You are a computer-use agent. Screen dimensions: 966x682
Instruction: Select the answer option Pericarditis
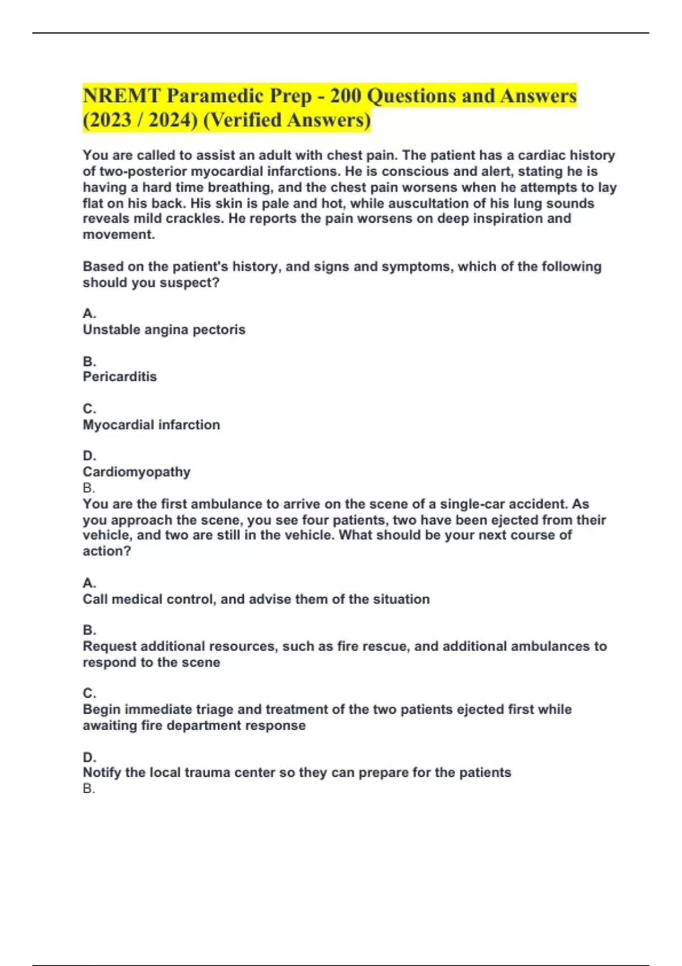click(x=119, y=377)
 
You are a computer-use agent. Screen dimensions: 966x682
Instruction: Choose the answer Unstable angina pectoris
click(x=164, y=330)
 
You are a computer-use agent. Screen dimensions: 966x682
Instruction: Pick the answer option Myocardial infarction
click(x=151, y=424)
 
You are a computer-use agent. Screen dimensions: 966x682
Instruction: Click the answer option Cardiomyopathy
click(x=136, y=472)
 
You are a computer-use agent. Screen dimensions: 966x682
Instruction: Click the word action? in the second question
click(x=107, y=551)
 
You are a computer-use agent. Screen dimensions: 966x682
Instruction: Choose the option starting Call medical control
click(x=256, y=599)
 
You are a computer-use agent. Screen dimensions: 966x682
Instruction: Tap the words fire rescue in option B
click(x=373, y=646)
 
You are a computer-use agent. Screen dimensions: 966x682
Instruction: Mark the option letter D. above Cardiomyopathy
click(x=89, y=456)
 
